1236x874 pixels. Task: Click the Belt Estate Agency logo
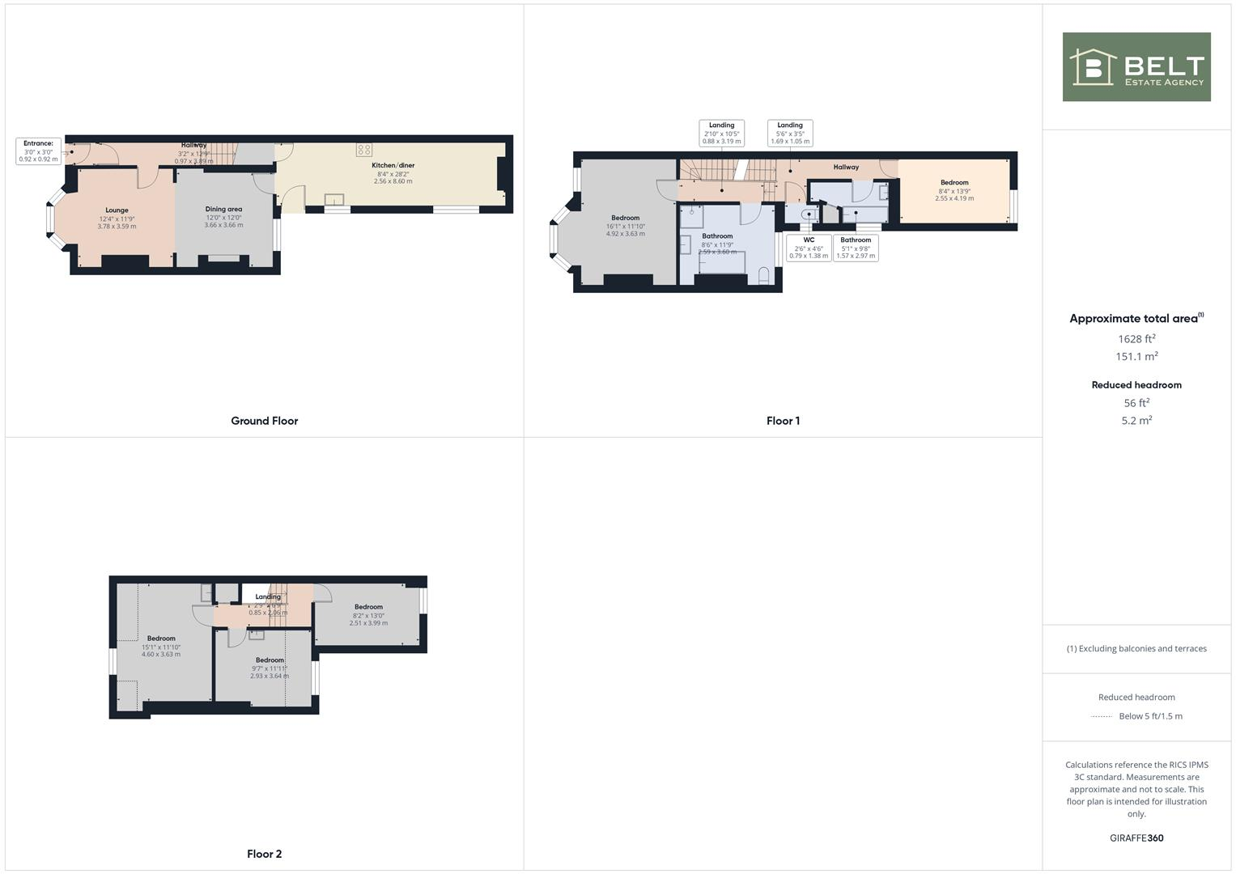point(1136,67)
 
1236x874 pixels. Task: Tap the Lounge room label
point(117,210)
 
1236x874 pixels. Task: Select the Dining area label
point(223,210)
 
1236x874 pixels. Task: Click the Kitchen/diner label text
point(393,166)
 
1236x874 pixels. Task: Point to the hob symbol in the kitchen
point(364,150)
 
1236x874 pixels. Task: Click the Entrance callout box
point(38,151)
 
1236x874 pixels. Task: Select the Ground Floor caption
point(264,421)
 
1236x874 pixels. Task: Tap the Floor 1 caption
point(783,421)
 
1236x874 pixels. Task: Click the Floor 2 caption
point(264,854)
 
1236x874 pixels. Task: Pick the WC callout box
point(809,248)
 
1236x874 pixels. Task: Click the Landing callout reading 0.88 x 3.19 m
point(721,134)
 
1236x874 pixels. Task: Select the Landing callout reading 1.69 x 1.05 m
point(790,134)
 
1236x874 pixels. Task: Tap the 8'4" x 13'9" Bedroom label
point(954,183)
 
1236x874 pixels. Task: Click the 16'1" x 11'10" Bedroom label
point(625,218)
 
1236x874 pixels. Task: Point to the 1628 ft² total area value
point(1136,339)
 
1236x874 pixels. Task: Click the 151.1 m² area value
point(1136,357)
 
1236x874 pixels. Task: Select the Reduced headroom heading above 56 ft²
point(1136,385)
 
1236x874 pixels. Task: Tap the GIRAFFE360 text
point(1136,838)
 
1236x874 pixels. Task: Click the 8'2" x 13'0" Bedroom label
point(368,608)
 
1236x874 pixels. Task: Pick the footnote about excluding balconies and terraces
point(1136,649)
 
